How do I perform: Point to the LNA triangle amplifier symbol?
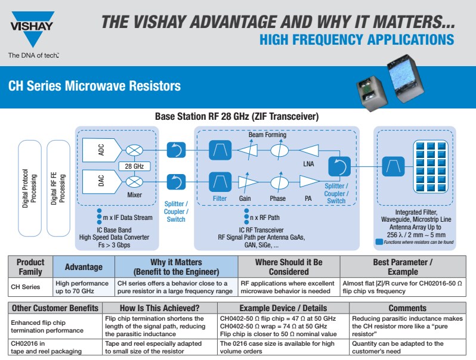[310, 150]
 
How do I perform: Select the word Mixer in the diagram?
[134, 194]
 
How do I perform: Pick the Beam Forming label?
[267, 135]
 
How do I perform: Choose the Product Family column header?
[30, 267]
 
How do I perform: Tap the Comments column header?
[407, 308]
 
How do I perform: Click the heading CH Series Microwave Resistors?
[94, 86]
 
